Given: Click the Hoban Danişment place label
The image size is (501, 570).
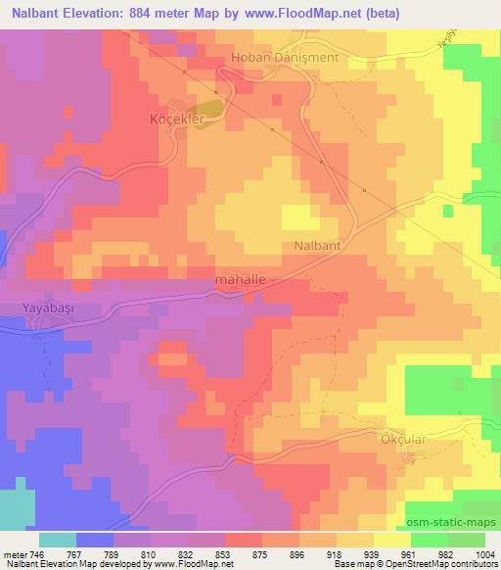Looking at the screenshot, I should tap(284, 58).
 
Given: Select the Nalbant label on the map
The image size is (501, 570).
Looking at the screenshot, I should tap(317, 247).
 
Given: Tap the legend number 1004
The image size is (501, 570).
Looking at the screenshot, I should tap(486, 553).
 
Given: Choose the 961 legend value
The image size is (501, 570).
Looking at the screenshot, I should tap(411, 553).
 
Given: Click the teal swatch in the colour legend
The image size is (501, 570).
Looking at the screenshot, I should tap(58, 540).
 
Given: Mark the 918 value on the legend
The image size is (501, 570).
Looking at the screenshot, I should tap(337, 553).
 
